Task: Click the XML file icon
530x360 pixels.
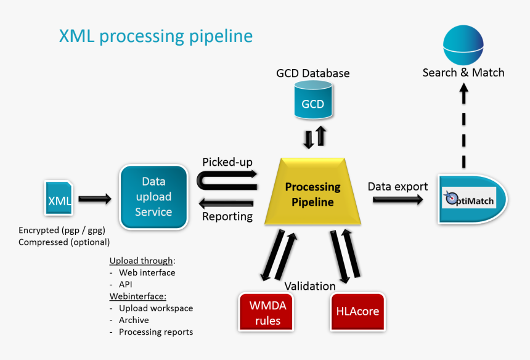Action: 59,198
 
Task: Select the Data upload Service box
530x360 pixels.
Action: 153,197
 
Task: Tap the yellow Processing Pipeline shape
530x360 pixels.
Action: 312,193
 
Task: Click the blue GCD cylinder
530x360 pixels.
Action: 312,103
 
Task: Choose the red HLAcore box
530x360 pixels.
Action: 357,311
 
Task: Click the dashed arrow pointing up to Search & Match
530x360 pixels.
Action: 464,126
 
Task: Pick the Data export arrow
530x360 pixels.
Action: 398,200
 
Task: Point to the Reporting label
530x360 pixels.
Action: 227,216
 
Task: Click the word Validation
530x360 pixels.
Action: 309,286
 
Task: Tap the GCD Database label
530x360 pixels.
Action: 312,73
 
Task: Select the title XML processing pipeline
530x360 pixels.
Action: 155,36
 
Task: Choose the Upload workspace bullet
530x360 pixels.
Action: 155,308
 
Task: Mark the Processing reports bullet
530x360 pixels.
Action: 155,332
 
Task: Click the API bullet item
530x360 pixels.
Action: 125,285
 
